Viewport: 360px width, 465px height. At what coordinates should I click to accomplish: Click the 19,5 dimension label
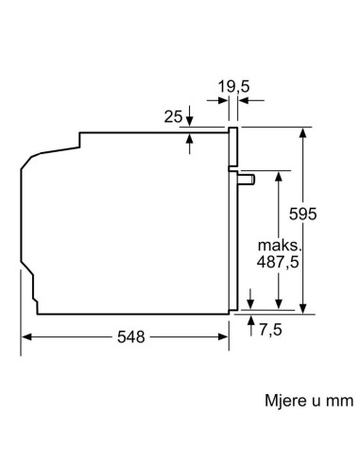coord(232,88)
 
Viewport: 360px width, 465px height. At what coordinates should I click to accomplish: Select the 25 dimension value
coord(171,116)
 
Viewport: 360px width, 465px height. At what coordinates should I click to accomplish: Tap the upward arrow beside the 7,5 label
coord(250,321)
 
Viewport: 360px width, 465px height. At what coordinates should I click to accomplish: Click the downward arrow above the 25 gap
coord(190,120)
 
